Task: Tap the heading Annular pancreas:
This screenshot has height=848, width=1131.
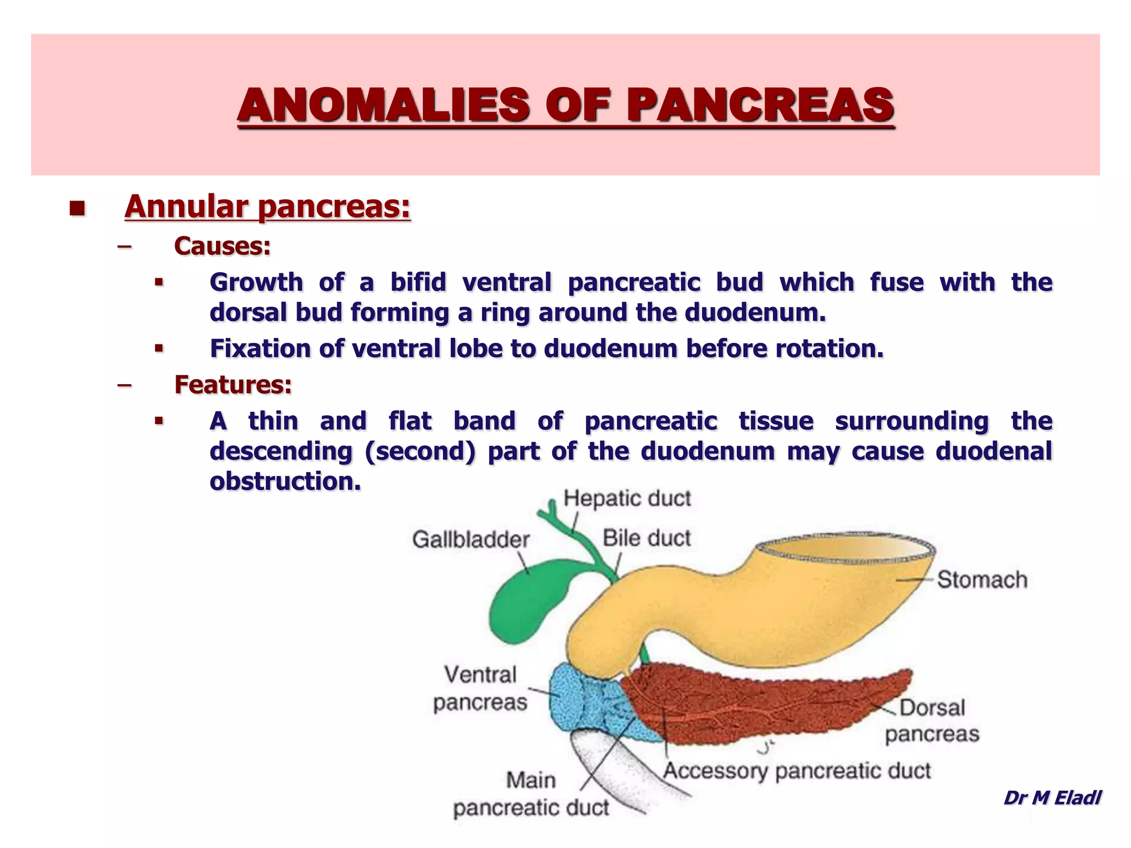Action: pos(268,207)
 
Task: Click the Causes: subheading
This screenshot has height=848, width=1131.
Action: pos(222,246)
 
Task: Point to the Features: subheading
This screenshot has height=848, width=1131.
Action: pos(232,385)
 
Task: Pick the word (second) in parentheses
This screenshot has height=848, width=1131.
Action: pos(419,452)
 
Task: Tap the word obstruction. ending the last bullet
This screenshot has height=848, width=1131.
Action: pos(285,481)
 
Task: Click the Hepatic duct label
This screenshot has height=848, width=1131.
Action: pos(627,499)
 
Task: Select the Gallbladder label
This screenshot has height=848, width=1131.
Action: pos(471,539)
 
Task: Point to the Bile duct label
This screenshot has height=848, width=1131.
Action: pos(646,538)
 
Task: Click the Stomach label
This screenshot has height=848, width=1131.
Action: pos(982,580)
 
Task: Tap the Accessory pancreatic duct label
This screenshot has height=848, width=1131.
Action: pos(796,771)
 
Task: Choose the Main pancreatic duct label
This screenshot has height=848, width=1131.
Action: pos(531,794)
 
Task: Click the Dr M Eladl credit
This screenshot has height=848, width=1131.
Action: pos(1052,798)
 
